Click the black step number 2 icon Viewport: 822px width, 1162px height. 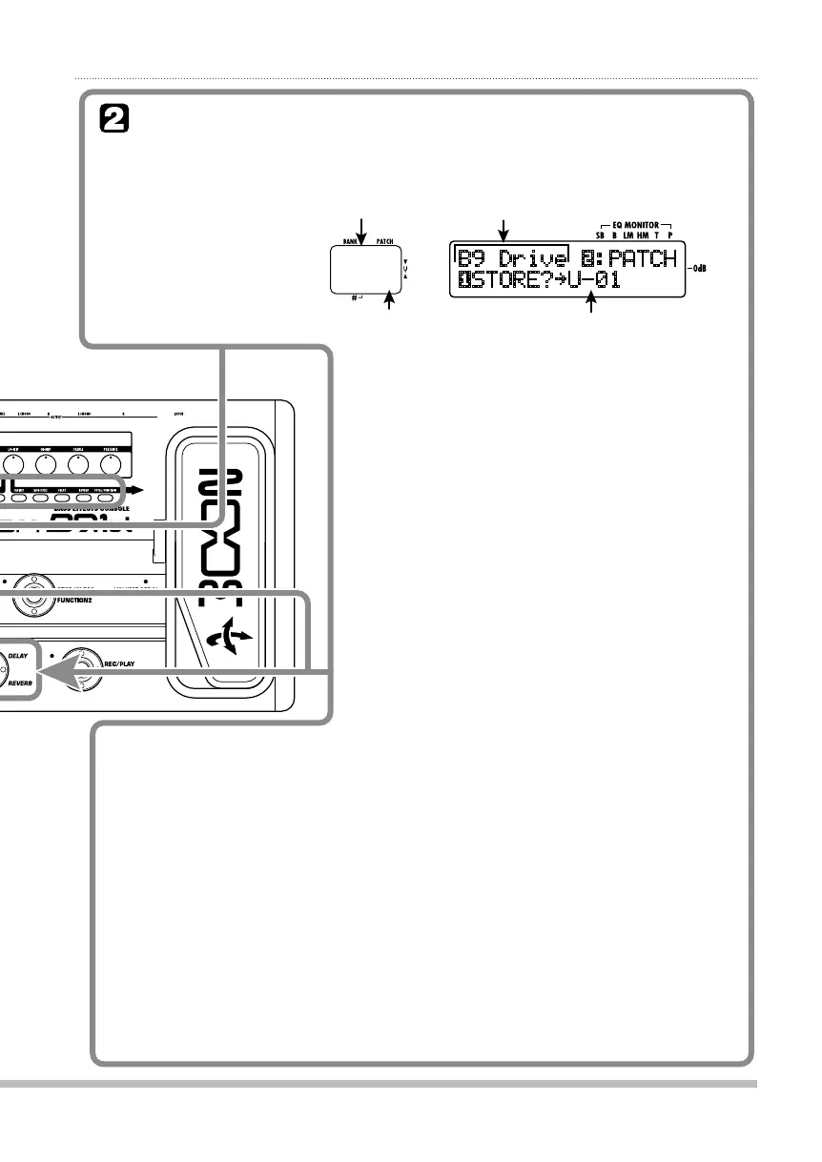(113, 120)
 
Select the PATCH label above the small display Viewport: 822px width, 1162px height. (384, 242)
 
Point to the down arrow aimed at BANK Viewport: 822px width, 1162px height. (361, 229)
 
